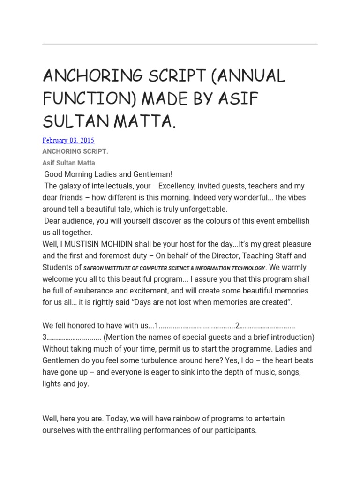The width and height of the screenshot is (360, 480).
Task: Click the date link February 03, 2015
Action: point(68,140)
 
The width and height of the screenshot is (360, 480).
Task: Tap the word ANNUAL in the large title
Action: point(249,76)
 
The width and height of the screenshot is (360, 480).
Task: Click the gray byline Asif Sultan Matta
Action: point(68,163)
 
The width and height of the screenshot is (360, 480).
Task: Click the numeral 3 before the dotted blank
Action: point(45,337)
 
